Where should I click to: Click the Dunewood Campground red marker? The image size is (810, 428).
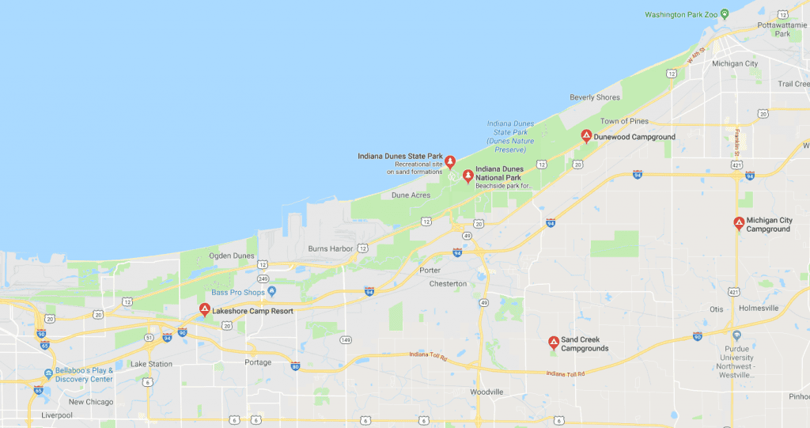586,136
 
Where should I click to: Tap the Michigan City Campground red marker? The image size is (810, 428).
739,223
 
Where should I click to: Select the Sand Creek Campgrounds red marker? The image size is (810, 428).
554,343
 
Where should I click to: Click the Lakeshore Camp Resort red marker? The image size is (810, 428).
204,310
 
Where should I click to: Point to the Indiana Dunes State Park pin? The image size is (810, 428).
450,162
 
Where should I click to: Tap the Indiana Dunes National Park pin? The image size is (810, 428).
467,176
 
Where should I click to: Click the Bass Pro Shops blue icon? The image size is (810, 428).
271,292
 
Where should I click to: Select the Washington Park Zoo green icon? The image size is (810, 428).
735,14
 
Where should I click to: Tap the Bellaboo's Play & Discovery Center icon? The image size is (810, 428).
49,373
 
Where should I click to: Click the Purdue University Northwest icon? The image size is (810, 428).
737,335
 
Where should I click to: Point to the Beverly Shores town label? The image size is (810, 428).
594,97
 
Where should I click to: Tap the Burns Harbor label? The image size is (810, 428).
330,248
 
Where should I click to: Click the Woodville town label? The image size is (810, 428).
486,392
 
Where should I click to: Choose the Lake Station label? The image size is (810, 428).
150,364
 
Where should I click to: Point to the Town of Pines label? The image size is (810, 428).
624,121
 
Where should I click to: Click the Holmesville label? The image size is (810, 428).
759,308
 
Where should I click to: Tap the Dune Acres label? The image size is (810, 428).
410,195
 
